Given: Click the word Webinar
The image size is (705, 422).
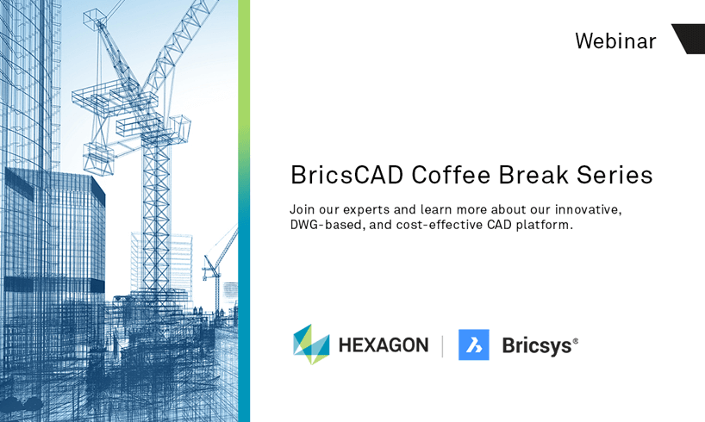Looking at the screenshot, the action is point(615,40).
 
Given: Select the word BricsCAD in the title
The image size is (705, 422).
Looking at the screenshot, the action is point(346,175).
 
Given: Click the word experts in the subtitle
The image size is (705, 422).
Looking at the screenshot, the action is point(366,210).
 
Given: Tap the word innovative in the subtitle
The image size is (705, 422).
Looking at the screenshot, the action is point(588,210).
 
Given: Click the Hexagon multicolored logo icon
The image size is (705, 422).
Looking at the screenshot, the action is point(311,344).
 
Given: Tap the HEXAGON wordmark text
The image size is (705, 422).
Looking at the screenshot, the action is point(384,345).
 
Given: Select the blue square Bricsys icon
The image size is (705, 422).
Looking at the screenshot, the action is point(474,344).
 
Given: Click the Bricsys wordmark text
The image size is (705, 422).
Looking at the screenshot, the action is point(537,346).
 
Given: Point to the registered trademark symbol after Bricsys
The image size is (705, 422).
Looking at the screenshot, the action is point(576,341).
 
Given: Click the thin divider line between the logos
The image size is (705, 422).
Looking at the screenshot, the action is point(443,346).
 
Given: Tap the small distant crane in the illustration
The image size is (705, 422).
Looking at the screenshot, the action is point(219,265).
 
